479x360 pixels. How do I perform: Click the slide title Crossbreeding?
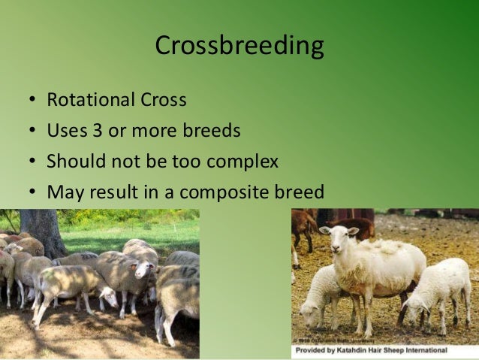pos(239,47)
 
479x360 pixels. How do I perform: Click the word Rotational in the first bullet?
pos(81,100)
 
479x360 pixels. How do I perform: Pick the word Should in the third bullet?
pos(72,162)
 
